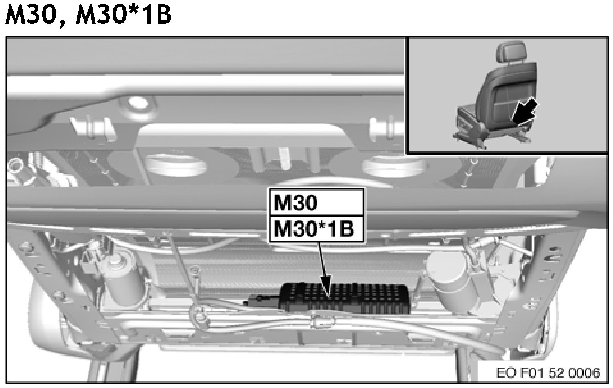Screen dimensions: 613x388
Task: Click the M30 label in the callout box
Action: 296,203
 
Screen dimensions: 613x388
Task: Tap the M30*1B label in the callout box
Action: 314,229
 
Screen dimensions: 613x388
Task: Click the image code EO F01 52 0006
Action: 548,373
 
